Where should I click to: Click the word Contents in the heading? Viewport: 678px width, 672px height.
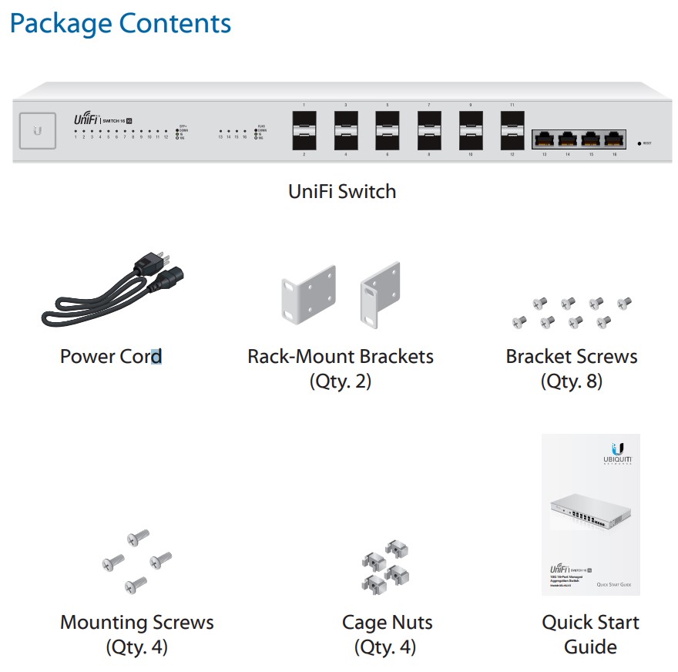click(175, 23)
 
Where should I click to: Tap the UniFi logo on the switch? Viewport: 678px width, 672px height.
click(86, 119)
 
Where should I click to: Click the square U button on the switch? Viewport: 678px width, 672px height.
click(37, 130)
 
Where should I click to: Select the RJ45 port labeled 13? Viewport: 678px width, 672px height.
click(545, 140)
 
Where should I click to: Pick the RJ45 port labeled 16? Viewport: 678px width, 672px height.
click(613, 140)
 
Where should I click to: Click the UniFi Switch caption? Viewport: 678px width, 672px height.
click(342, 191)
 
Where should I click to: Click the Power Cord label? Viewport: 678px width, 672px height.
click(111, 357)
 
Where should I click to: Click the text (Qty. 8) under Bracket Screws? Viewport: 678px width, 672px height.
click(571, 381)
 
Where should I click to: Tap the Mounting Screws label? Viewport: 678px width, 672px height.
click(137, 622)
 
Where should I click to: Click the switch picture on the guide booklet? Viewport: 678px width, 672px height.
click(590, 513)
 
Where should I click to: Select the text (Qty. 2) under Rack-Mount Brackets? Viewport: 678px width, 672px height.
click(340, 381)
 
